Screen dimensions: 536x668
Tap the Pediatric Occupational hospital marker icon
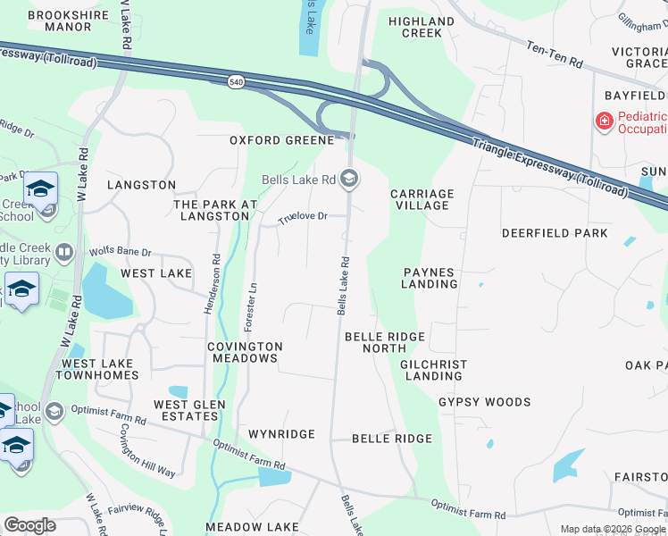pos(605,121)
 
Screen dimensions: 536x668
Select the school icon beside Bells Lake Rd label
pos(350,180)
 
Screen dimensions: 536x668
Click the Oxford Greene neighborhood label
pos(281,140)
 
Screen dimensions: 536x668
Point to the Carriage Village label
pos(422,199)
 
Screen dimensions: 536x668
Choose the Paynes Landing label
pos(430,278)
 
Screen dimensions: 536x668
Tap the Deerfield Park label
pos(555,233)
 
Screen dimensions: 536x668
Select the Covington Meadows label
pos(245,352)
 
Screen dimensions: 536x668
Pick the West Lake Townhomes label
pos(98,369)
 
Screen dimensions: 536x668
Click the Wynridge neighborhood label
pos(281,434)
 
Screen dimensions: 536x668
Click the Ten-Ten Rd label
pos(554,55)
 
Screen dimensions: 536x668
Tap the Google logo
pos(29,525)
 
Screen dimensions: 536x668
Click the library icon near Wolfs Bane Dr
pos(63,253)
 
